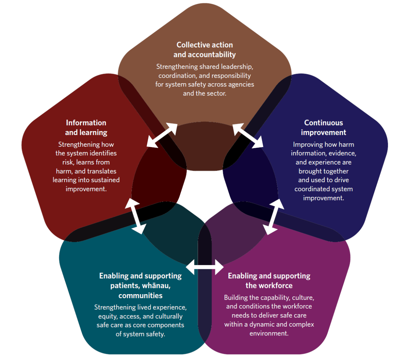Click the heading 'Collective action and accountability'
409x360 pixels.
[204, 49]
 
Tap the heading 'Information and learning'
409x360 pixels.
[86, 128]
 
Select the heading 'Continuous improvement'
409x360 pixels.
[323, 128]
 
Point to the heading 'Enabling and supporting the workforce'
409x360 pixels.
[269, 280]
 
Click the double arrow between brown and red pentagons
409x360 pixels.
[162, 135]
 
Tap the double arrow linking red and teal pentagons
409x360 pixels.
[135, 216]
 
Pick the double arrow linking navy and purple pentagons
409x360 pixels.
[273, 217]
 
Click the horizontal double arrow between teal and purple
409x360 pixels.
[205, 267]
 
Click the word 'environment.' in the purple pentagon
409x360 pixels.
[269, 333]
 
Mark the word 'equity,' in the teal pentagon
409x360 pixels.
[108, 316]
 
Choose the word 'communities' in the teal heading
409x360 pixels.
[140, 296]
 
